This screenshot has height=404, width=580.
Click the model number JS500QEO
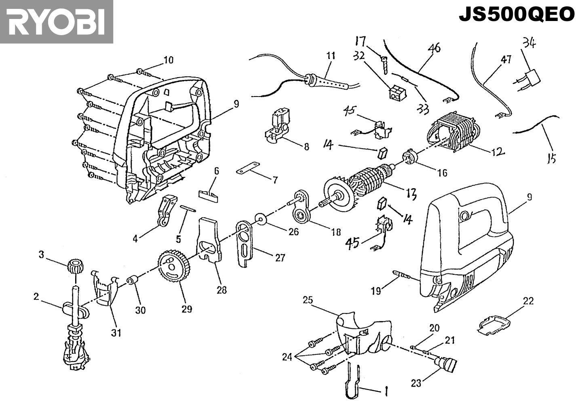click(517, 15)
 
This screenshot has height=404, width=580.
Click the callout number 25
click(308, 300)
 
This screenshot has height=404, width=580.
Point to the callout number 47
click(506, 59)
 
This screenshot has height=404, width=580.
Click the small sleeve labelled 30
click(132, 281)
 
